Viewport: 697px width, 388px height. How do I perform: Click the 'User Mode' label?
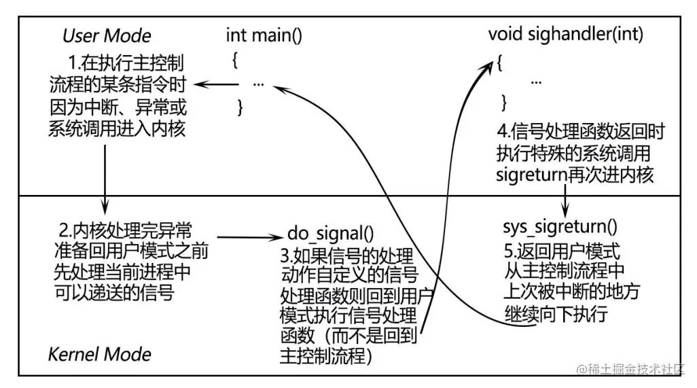(x=107, y=36)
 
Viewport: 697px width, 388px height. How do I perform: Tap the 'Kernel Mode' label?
(x=99, y=354)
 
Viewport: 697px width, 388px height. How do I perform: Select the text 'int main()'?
(x=264, y=35)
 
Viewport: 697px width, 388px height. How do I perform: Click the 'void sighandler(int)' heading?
(x=565, y=34)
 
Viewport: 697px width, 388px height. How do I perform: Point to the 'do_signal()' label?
(x=331, y=236)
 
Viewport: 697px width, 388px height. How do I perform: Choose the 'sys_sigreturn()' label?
(x=560, y=227)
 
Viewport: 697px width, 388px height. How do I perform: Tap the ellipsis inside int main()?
(x=258, y=84)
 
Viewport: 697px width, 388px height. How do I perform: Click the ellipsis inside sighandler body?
(x=536, y=81)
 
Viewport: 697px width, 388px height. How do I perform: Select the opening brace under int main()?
(x=234, y=60)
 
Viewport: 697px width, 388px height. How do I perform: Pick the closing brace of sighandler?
(x=503, y=102)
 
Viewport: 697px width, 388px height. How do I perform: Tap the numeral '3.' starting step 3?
(x=285, y=257)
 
